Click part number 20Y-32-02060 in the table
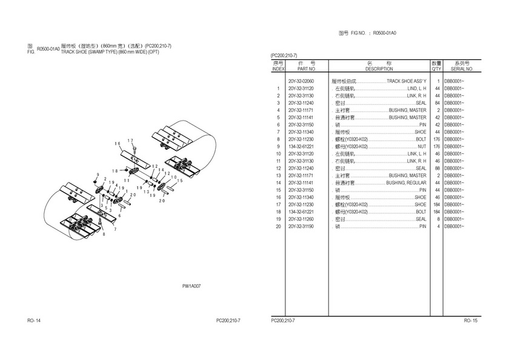(301, 81)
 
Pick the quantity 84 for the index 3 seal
(436, 102)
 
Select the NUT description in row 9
(422, 146)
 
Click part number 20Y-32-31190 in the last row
(301, 226)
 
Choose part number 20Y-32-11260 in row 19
(301, 219)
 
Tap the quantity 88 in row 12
(436, 168)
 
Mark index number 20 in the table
(278, 226)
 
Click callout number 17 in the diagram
(130, 141)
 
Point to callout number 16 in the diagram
(117, 143)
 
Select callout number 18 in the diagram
(115, 171)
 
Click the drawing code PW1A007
(191, 285)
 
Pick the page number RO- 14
(34, 320)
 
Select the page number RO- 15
(470, 320)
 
